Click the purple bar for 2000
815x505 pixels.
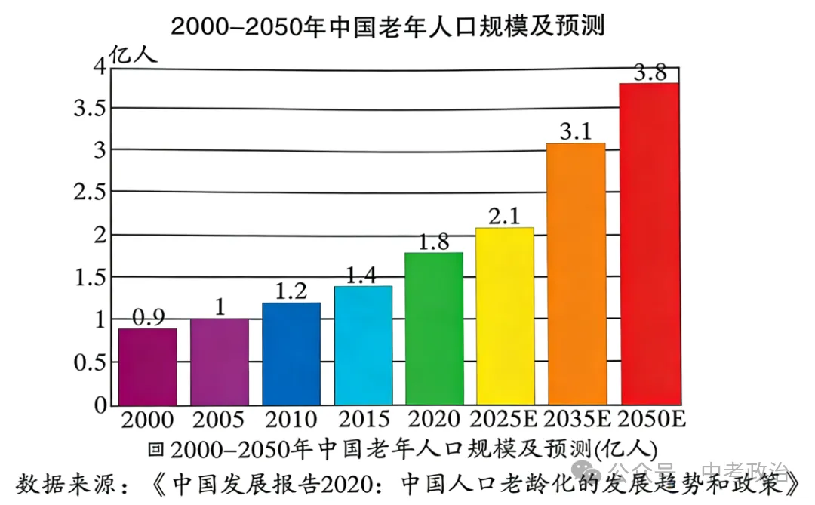coord(148,367)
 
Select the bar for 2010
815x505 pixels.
coord(291,353)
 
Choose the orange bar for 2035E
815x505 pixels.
coord(576,273)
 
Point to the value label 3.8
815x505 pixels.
coord(649,73)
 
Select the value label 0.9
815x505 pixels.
coord(148,318)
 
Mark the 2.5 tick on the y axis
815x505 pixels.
coord(91,192)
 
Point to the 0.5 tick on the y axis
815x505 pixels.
coord(91,363)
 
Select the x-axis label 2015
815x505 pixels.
coord(363,420)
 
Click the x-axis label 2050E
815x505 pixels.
coord(651,420)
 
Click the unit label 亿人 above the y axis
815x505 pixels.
coord(134,54)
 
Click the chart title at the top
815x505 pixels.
coord(389,26)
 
